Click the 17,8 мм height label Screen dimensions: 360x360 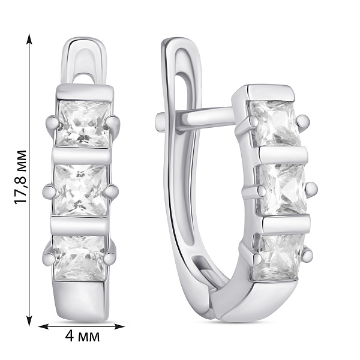click(20, 177)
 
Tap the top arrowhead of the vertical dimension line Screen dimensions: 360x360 click(29, 39)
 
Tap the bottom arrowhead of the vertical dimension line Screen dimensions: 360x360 click(29, 320)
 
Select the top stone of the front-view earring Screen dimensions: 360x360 click(83, 124)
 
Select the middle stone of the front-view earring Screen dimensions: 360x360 click(80, 190)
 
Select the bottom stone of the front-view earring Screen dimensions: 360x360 click(79, 258)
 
